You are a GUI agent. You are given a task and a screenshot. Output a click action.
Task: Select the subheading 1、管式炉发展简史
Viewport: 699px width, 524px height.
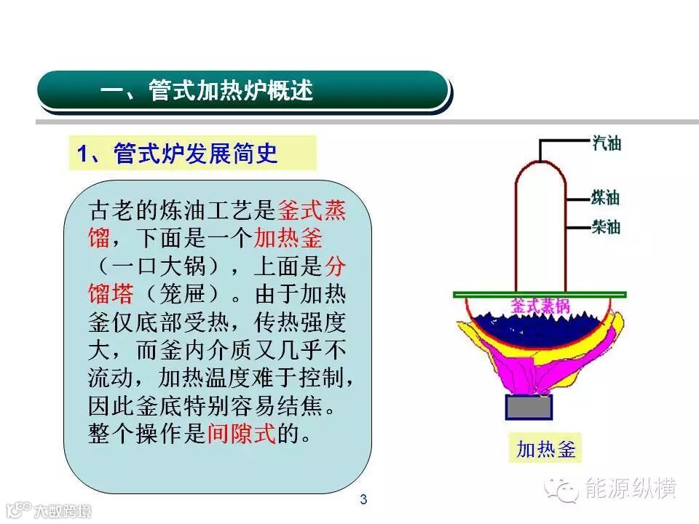178,154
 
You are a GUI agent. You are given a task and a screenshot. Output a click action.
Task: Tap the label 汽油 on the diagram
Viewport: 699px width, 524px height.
607,143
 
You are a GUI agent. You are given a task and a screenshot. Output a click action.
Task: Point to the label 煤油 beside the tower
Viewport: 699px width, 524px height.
607,197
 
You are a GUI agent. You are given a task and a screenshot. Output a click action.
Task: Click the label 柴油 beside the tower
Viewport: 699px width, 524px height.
607,227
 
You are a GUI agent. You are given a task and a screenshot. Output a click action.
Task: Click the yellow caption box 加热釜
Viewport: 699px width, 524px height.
545,449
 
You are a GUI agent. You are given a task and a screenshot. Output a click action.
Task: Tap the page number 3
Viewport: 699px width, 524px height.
364,499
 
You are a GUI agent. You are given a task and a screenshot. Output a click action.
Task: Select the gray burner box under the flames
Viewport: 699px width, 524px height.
529,407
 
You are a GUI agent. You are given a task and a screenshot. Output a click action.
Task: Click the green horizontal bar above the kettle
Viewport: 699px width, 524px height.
540,294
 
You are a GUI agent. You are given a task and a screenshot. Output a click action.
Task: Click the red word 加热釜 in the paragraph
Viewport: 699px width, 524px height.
288,237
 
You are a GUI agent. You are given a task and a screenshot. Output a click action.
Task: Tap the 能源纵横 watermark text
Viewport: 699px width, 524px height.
631,488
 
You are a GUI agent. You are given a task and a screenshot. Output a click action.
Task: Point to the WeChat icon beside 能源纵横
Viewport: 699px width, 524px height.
564,488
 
